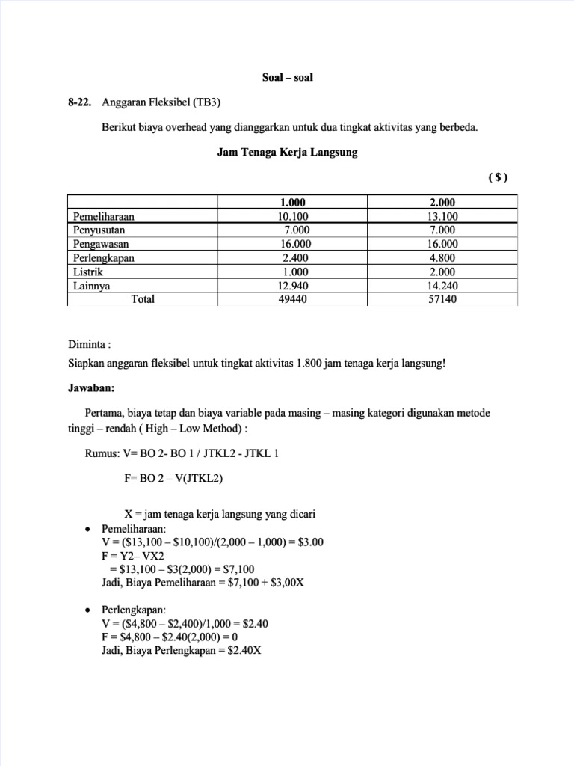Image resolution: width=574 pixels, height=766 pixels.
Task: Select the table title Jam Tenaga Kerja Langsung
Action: click(x=287, y=153)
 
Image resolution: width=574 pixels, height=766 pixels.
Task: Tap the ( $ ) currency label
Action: click(x=498, y=177)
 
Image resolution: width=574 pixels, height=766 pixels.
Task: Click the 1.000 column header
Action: click(x=292, y=203)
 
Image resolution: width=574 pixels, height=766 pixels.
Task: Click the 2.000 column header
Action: click(x=442, y=203)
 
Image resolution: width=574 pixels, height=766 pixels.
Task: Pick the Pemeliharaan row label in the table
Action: click(x=109, y=216)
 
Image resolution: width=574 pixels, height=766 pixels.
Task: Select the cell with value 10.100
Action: click(x=292, y=216)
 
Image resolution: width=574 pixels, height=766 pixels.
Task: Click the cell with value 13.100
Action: click(x=442, y=216)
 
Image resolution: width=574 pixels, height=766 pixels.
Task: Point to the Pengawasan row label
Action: click(x=101, y=244)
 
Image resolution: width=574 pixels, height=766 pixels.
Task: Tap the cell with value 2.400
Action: click(x=292, y=258)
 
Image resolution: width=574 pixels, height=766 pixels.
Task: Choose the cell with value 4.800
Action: click(x=442, y=258)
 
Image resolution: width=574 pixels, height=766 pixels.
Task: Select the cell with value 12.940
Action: click(x=292, y=286)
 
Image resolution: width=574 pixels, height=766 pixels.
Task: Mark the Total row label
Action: click(x=143, y=299)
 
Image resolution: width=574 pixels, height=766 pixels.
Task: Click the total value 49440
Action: click(x=292, y=299)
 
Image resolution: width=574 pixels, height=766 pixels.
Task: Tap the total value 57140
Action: click(x=442, y=299)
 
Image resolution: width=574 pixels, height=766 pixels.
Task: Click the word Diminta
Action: click(x=87, y=346)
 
